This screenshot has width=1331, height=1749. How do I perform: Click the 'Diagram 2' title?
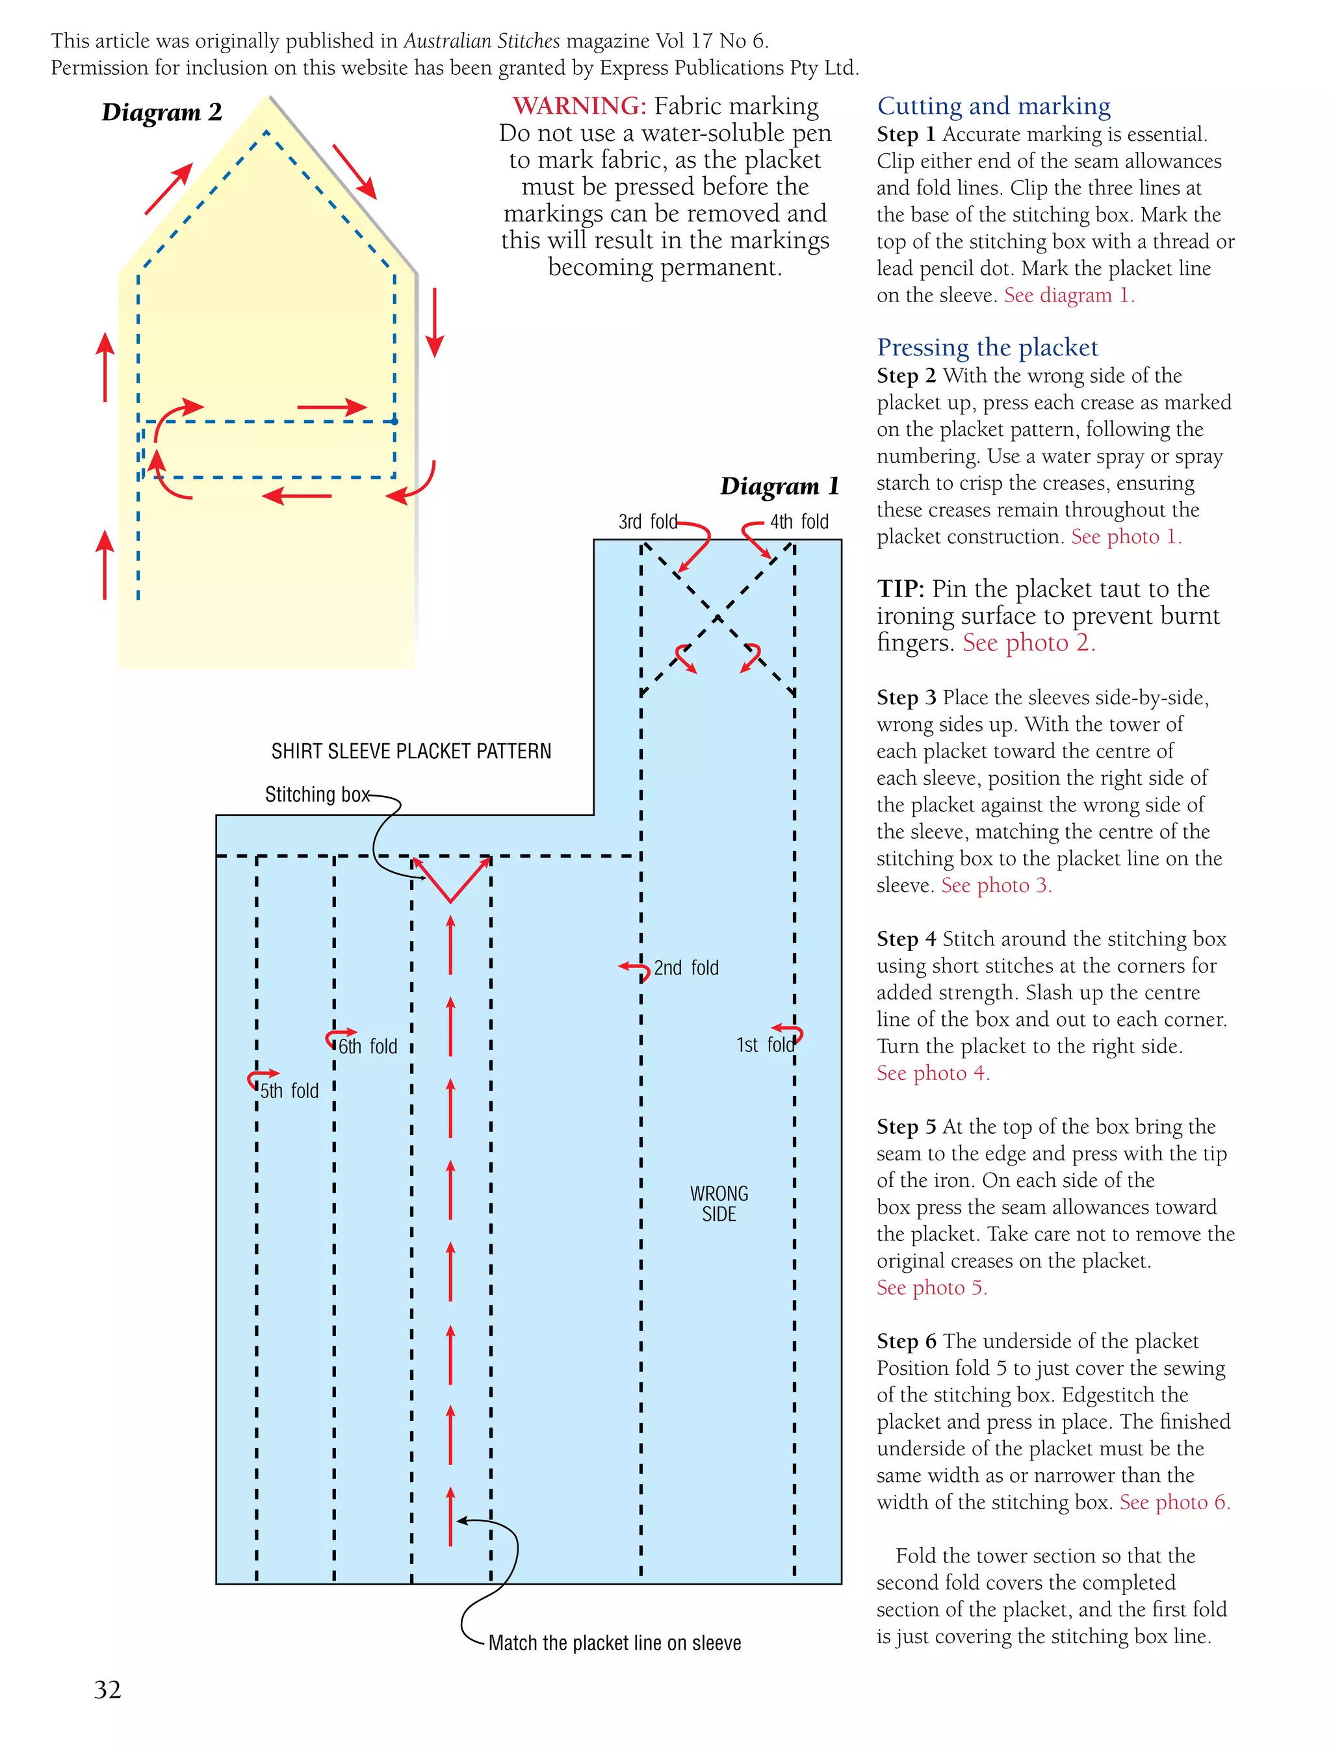162,112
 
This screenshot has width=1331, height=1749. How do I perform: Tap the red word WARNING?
579,106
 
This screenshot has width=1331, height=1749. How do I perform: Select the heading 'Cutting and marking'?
994,106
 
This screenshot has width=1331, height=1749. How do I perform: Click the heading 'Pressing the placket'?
987,347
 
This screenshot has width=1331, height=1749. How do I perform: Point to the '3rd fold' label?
647,521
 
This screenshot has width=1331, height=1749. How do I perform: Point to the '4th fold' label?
799,521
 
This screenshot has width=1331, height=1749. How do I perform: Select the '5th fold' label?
289,1091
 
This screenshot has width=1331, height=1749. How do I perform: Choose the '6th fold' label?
368,1047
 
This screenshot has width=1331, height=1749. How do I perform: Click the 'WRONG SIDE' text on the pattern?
719,1203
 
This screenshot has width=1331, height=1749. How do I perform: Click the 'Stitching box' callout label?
317,795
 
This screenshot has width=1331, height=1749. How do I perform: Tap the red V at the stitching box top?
451,881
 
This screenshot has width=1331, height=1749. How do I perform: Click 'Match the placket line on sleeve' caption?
615,1643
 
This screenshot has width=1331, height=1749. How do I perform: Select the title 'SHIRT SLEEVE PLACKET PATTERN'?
411,751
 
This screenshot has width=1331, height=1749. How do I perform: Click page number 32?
108,1690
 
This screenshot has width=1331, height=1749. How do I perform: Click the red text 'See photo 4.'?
933,1073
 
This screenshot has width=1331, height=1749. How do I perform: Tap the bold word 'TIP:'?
900,589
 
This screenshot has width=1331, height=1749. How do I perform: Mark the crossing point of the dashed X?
717,618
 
